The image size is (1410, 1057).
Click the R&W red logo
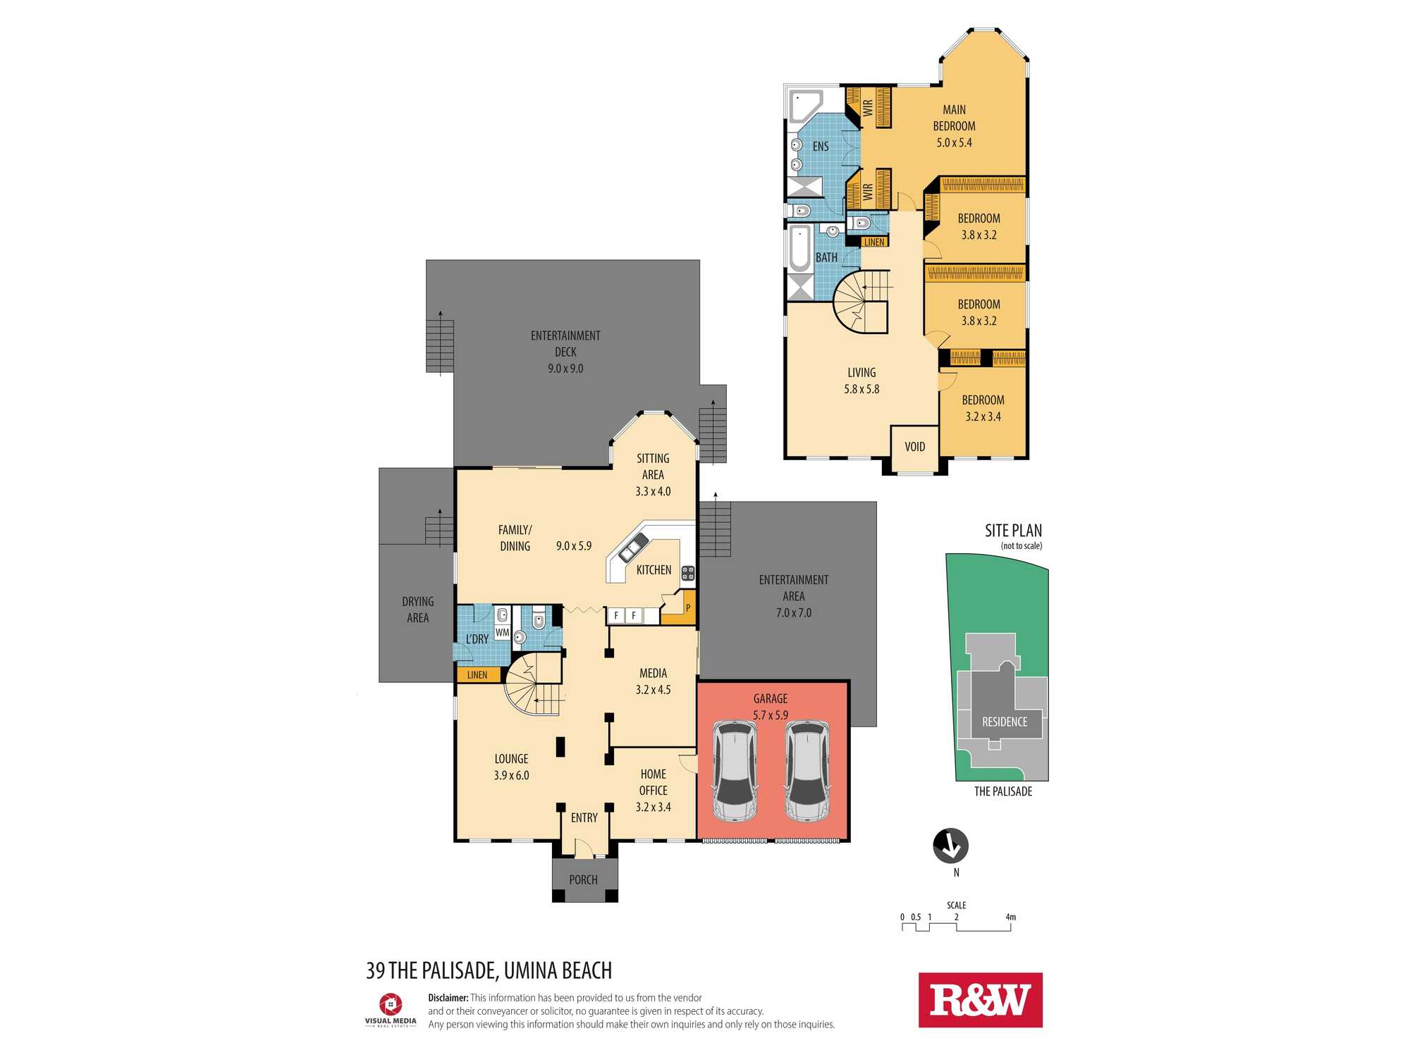pos(980,1000)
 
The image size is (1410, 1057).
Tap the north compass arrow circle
pos(950,846)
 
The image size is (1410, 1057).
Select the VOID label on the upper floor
pos(914,447)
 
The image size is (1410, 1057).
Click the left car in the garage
pos(735,771)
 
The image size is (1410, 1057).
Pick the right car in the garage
pos(808,771)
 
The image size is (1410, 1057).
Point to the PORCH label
pos(583,879)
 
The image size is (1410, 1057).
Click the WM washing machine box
pos(502,632)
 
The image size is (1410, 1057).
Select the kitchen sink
pos(633,548)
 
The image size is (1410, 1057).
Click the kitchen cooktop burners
pos(688,573)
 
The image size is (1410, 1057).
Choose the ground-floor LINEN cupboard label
pos(477,674)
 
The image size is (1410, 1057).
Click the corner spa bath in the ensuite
pos(805,106)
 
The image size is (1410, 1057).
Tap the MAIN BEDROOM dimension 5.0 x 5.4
pos(954,142)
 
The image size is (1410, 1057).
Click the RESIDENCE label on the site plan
pos(1005,722)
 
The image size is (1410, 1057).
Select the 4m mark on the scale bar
pos(1010,917)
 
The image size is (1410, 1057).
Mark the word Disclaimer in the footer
pos(448,998)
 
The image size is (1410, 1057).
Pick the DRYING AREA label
pos(417,610)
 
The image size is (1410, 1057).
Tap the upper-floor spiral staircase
pos(861,303)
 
